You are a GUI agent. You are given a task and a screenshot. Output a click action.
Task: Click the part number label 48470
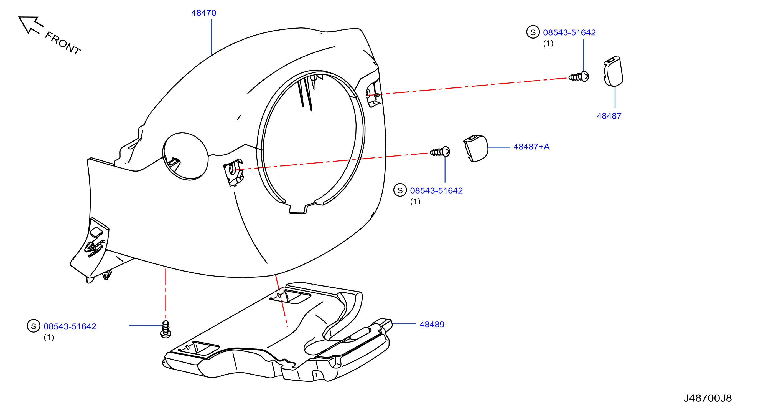(203, 13)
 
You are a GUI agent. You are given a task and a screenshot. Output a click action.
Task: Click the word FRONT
(63, 43)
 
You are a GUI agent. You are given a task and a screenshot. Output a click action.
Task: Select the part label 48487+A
(531, 147)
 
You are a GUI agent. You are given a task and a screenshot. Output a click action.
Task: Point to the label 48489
(432, 325)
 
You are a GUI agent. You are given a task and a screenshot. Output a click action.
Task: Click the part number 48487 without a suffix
(609, 116)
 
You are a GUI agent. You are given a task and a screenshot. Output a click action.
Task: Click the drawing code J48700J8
(707, 398)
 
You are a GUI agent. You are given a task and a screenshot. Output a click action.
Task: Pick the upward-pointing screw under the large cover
(166, 329)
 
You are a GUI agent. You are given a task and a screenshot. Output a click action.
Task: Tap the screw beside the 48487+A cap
(440, 152)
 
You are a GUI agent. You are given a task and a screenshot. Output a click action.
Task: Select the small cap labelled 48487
(613, 72)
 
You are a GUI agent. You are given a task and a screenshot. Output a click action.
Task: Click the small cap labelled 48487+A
(476, 149)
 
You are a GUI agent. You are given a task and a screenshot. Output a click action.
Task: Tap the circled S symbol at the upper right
(533, 32)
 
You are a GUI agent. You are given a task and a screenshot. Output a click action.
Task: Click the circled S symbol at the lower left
(34, 326)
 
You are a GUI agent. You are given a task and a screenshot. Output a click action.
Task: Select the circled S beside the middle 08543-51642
(400, 190)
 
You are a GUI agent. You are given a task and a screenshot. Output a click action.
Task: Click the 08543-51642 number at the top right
(569, 32)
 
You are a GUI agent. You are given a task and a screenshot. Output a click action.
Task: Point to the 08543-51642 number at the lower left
(70, 326)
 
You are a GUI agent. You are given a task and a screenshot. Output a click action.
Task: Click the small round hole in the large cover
(185, 156)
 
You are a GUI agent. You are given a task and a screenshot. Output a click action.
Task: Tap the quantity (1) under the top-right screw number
(548, 43)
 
